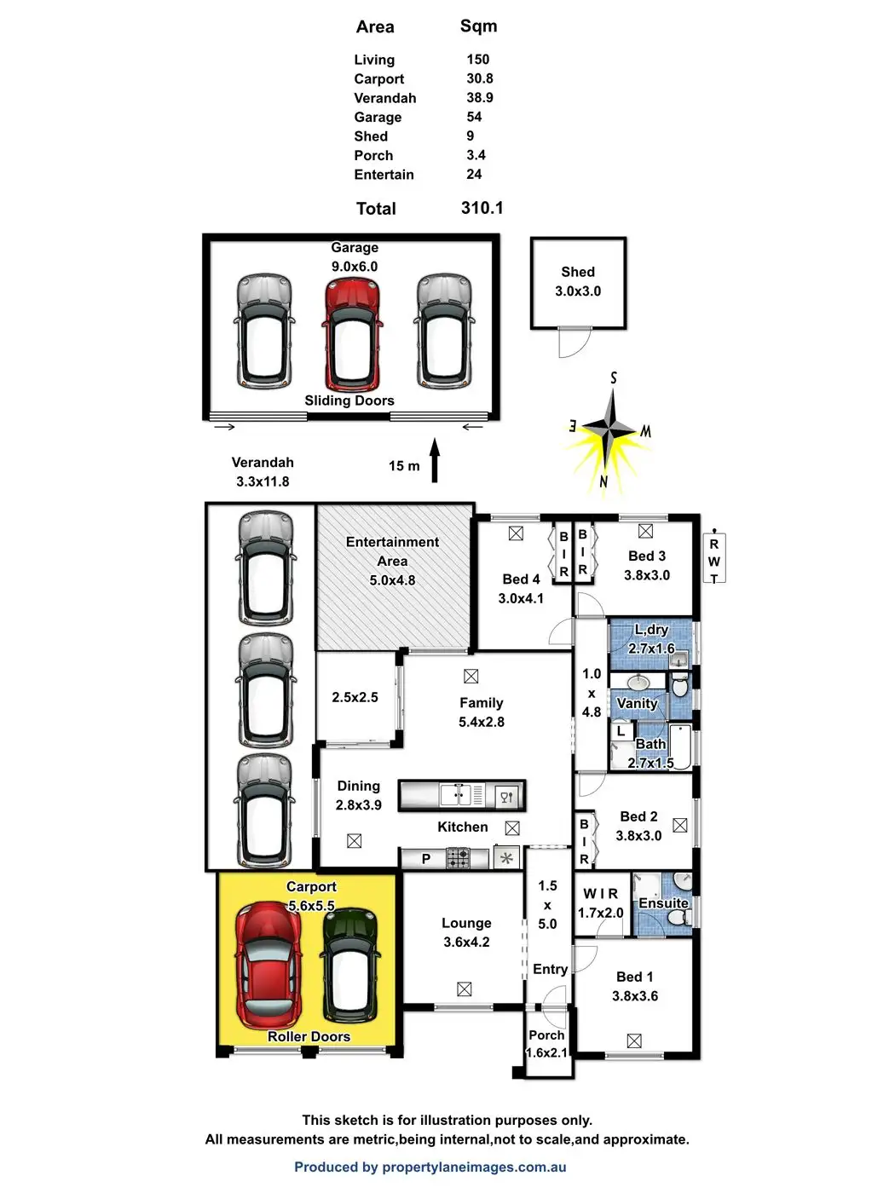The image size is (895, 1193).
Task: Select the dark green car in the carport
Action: [x=350, y=964]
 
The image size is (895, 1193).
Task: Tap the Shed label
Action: [x=578, y=273]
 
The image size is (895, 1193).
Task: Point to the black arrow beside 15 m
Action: [x=434, y=461]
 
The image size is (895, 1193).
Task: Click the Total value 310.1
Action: [x=482, y=208]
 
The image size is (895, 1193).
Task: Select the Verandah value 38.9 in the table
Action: [x=479, y=98]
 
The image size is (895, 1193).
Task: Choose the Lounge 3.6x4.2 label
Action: [x=466, y=932]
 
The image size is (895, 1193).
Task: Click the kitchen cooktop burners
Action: [x=458, y=858]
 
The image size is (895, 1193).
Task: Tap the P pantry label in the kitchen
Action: [x=426, y=859]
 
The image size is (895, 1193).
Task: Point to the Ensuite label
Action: [x=663, y=903]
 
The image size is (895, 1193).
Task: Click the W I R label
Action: [x=600, y=894]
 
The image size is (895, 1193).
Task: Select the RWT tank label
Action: [x=714, y=561]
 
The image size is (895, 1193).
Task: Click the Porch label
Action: [x=546, y=1035]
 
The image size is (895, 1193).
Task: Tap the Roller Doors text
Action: [x=309, y=1037]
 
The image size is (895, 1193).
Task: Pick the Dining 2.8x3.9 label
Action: [x=358, y=795]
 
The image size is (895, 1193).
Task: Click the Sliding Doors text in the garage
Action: [x=349, y=401]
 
